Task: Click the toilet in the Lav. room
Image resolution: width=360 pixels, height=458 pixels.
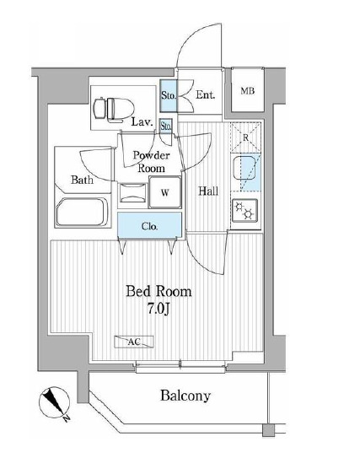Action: pos(113,109)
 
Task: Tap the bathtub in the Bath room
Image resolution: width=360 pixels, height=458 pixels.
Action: pos(82,212)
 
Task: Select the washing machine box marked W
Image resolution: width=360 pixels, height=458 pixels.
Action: pos(165,192)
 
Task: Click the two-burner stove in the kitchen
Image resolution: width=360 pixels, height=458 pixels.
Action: pos(244,210)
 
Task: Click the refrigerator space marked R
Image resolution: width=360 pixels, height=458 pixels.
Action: pos(245,137)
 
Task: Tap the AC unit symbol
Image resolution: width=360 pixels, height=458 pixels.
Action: pos(134,342)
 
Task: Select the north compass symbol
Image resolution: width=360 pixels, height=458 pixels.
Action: pos(54,403)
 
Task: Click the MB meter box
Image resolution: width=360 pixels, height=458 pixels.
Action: pos(248,90)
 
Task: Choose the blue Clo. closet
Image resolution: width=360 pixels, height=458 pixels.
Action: pos(149,226)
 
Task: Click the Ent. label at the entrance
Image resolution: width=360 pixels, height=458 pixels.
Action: pos(205,94)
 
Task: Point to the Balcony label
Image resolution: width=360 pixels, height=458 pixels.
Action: pos(185,396)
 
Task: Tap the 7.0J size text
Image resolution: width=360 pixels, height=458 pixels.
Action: pos(159,309)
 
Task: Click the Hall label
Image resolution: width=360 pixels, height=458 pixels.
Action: pos(208,191)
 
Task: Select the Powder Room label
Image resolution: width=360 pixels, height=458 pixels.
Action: pos(151,162)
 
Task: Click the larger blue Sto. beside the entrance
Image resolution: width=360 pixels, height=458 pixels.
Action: pos(169,95)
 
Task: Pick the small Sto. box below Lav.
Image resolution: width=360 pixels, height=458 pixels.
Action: pos(166,127)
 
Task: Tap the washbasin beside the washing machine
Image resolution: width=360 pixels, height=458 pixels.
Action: pos(133,193)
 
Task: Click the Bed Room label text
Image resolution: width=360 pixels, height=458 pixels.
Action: pos(159,292)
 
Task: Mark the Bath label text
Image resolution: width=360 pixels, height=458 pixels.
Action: pos(82,180)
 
